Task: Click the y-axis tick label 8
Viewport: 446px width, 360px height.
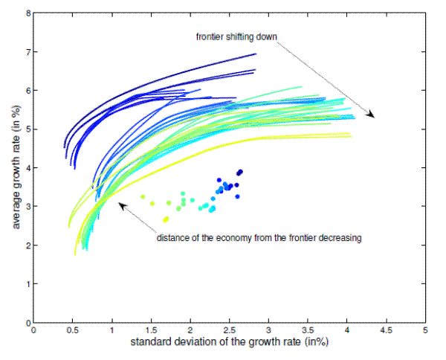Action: tap(28, 13)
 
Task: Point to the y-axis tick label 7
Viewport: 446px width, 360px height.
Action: tap(28, 52)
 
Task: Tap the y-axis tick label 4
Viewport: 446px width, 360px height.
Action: tap(28, 168)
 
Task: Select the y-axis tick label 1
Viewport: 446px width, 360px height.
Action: tap(28, 284)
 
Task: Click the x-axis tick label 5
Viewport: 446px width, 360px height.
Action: tap(425, 330)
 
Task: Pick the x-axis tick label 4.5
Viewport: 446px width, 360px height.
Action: tap(386, 330)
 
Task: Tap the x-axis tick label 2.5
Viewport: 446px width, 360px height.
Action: tap(229, 330)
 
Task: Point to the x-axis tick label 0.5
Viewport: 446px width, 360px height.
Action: tap(73, 330)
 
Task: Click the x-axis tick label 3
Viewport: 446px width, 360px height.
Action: tap(268, 330)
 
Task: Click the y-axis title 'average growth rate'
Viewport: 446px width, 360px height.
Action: tap(12, 168)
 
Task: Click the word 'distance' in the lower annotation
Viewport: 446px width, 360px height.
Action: tap(172, 238)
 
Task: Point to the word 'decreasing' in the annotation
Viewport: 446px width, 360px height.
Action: tap(338, 238)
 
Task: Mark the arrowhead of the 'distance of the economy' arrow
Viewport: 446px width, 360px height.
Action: tap(119, 203)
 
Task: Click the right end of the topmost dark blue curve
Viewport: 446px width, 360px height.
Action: tap(256, 54)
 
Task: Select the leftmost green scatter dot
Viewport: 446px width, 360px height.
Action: tap(143, 196)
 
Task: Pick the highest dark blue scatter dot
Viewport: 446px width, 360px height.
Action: tap(240, 172)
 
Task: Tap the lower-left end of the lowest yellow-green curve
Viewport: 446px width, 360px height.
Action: tap(76, 254)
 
